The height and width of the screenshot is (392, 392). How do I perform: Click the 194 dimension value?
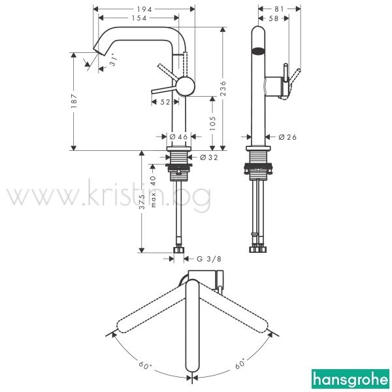click(x=144, y=9)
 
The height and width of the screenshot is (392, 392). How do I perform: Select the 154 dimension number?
click(x=139, y=18)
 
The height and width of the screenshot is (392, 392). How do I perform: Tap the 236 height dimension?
click(x=223, y=88)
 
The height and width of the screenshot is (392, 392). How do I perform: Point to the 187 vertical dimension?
click(x=74, y=101)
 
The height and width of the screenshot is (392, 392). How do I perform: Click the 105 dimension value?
click(x=212, y=123)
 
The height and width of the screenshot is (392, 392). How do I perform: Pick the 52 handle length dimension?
click(x=165, y=102)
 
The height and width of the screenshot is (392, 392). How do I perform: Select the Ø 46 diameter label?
click(x=178, y=137)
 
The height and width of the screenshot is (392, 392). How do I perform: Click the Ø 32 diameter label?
click(x=209, y=157)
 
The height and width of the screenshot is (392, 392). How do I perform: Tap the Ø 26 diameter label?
click(x=287, y=137)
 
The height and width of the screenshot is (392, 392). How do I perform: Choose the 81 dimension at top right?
click(x=279, y=9)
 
